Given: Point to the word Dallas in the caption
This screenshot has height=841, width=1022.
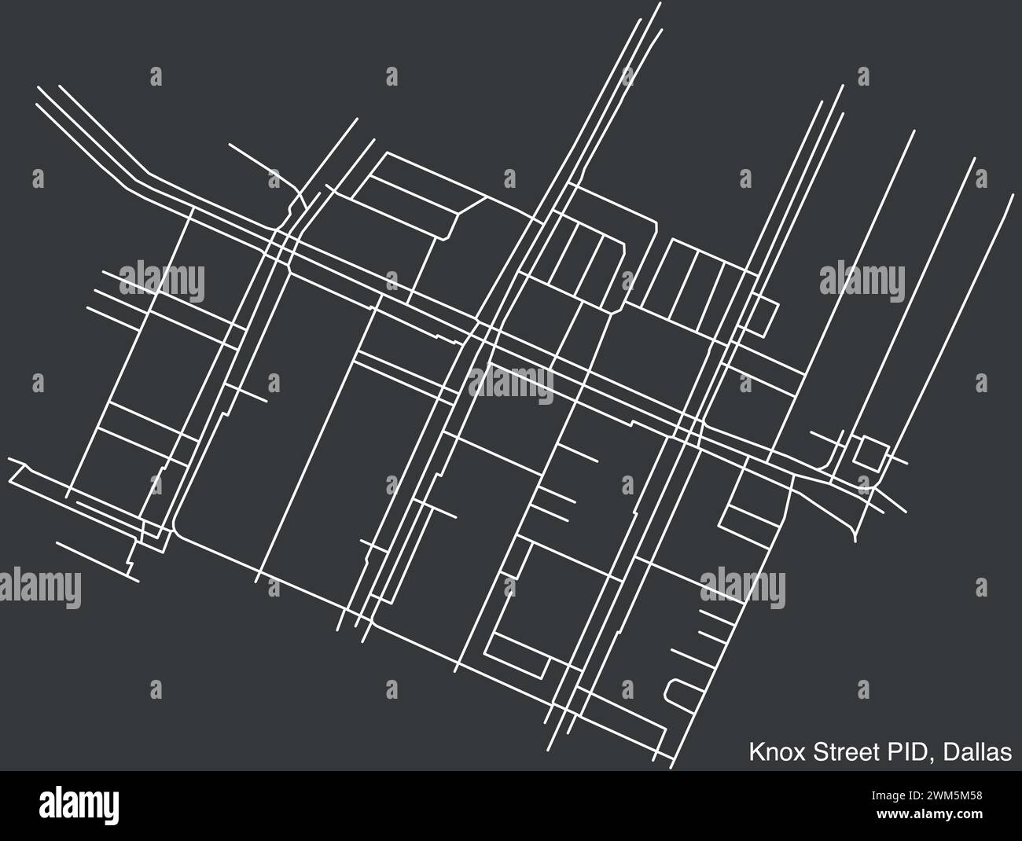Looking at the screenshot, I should click(977, 752).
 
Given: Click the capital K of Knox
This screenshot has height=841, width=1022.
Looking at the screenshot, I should click(755, 752).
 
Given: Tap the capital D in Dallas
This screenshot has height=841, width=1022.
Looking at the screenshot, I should click(950, 752).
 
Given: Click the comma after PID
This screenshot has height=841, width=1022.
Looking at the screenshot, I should click(932, 759).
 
